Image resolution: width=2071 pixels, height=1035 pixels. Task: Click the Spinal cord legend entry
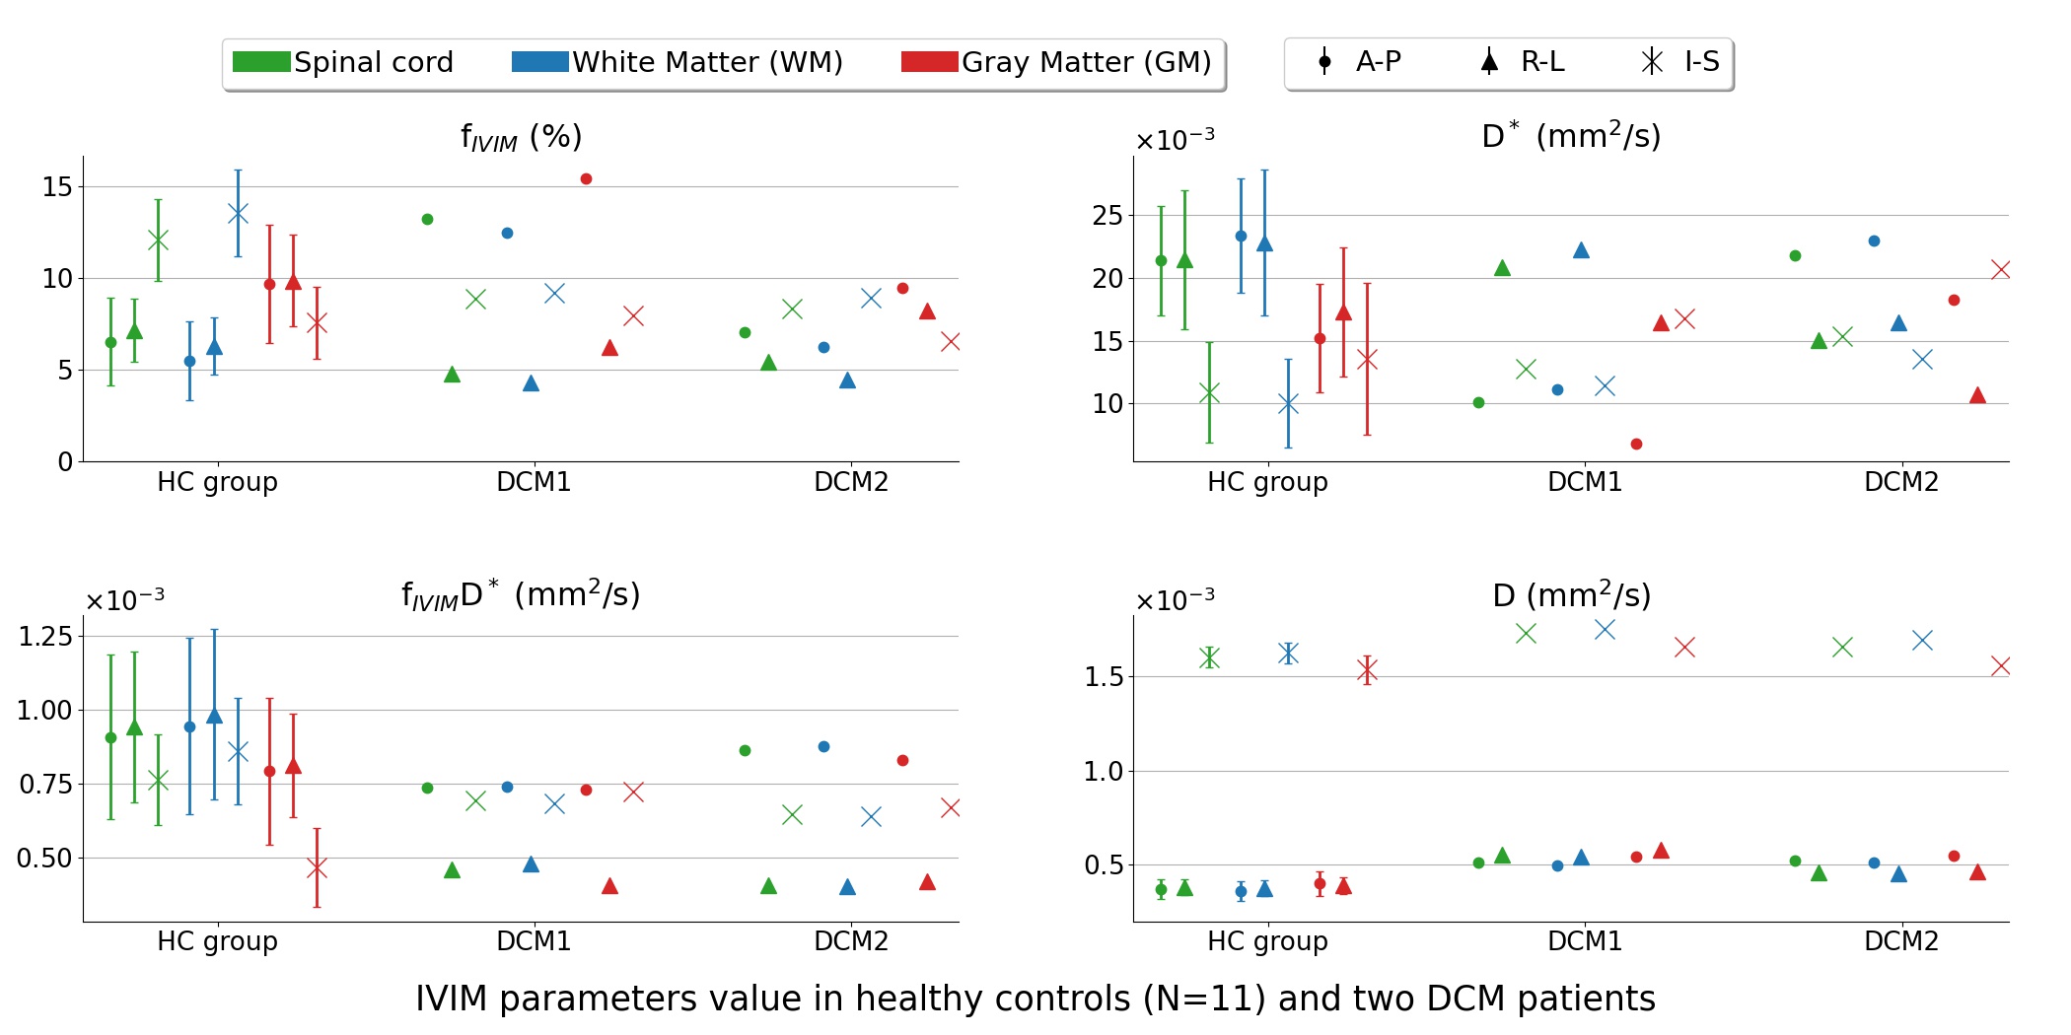coord(343,62)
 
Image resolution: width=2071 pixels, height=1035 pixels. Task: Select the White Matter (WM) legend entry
coord(678,62)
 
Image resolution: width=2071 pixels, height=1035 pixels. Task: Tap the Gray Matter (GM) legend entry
coord(1056,62)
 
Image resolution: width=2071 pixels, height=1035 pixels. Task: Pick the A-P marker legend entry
coord(1360,62)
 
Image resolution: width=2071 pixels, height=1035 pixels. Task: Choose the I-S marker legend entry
coord(1681,62)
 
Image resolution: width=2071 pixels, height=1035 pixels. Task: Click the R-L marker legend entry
coord(1524,62)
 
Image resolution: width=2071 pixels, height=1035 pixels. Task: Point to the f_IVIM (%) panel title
coord(522,137)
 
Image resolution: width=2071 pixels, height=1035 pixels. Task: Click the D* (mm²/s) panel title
coord(1571,135)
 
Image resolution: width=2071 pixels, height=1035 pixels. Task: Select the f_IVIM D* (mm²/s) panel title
coord(521,594)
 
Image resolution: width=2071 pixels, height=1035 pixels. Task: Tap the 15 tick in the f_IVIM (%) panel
coord(57,186)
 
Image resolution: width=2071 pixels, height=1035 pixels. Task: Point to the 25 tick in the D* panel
coord(1107,215)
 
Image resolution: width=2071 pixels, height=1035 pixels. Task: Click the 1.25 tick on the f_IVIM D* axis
coord(45,636)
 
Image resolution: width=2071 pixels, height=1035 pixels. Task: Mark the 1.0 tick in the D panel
coord(1104,771)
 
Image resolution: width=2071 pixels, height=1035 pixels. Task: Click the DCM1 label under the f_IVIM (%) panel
coord(534,482)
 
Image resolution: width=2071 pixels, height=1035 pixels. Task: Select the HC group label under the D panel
coord(1267,941)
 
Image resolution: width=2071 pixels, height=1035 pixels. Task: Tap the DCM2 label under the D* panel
coord(1901,482)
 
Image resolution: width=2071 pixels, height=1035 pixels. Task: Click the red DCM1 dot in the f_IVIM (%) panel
coord(586,178)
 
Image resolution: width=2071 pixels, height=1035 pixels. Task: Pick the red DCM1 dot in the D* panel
coord(1636,444)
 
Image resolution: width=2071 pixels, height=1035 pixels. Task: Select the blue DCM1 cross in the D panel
coord(1605,629)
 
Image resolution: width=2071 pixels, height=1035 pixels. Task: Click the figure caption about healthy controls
coord(1035,999)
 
